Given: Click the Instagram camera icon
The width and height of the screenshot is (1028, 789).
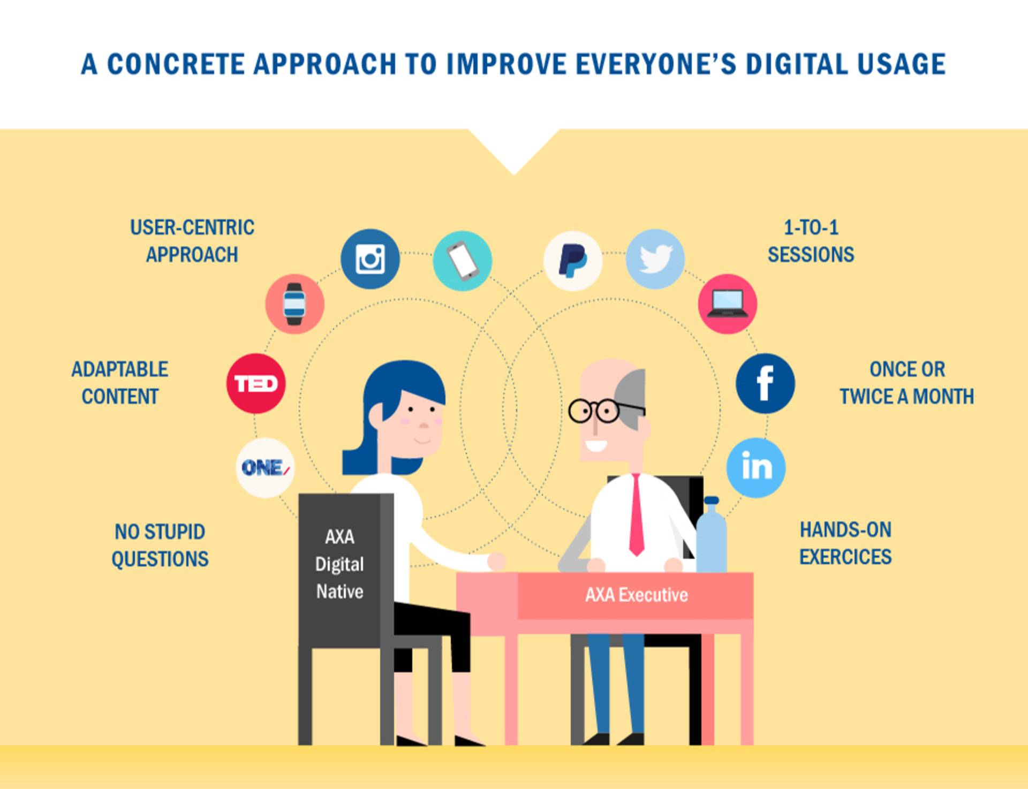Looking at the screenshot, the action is (x=370, y=259).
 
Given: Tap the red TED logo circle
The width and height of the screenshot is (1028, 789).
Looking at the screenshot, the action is (x=256, y=383).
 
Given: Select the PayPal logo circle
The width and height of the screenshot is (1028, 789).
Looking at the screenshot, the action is (x=573, y=261).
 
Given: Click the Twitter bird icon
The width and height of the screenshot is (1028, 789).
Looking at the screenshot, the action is (x=655, y=259).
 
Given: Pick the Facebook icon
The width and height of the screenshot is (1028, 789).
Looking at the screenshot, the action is (x=765, y=383).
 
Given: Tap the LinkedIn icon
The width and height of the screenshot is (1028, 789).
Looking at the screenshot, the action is (x=756, y=468).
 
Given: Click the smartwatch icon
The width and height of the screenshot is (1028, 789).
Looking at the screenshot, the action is (x=294, y=304).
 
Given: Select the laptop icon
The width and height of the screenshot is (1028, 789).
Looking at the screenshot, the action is (x=727, y=304).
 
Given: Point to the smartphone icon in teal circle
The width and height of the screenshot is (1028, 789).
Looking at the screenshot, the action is (x=463, y=261).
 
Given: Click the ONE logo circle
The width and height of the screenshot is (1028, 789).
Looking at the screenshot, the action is (x=265, y=468).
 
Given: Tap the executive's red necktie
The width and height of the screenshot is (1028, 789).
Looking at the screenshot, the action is (x=637, y=515).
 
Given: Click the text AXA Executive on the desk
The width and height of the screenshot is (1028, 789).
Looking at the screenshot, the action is (x=637, y=595).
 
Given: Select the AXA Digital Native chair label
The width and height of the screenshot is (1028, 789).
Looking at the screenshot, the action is (x=339, y=564).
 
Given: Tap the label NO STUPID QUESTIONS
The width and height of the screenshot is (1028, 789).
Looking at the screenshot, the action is (x=160, y=545).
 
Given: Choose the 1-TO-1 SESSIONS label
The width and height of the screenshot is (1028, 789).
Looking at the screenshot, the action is (x=811, y=241).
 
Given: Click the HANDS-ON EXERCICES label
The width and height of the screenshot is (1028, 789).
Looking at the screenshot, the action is (x=845, y=543).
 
